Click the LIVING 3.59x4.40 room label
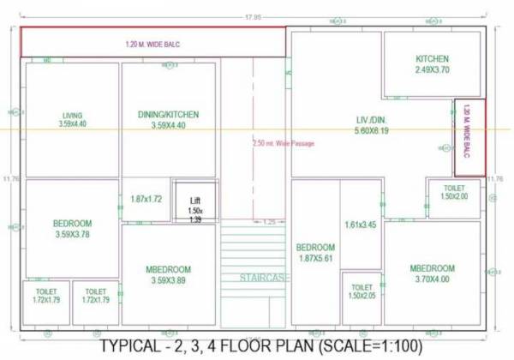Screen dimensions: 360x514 point(73,120)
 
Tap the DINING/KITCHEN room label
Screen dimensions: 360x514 point(168,120)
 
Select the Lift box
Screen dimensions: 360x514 point(194,203)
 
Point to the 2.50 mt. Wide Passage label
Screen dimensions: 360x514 point(284,143)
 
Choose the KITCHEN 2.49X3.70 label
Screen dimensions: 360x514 point(432,64)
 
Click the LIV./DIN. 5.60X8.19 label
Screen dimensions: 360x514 point(372,125)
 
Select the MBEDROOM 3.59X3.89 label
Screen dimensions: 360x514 point(168,274)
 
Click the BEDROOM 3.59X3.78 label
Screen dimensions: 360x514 point(72,229)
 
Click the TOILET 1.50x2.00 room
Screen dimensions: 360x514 point(454,192)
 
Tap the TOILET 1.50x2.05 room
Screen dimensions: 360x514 point(362,291)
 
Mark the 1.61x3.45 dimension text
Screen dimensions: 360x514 point(362,225)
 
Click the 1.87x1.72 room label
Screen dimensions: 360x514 point(146,199)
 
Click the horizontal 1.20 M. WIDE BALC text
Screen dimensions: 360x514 point(152,44)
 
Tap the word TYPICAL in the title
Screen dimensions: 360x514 point(132,346)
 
